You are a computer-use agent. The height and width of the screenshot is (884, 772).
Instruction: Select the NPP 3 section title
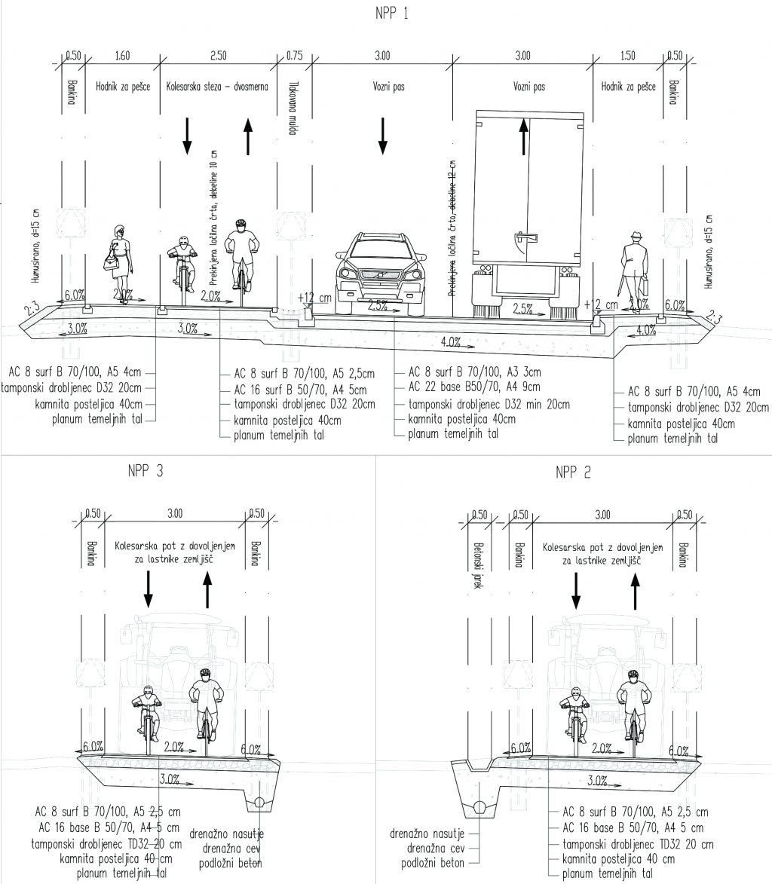pos(146,472)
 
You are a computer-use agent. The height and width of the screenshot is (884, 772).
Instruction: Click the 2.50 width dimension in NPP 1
pos(219,55)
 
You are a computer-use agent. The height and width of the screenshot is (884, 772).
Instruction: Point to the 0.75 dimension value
pos(295,55)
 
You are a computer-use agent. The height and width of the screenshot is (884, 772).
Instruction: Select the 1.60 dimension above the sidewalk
pos(123,55)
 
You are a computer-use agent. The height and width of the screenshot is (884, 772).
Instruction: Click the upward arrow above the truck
pos(525,136)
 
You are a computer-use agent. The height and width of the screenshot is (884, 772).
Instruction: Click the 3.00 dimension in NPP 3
pos(174,514)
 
